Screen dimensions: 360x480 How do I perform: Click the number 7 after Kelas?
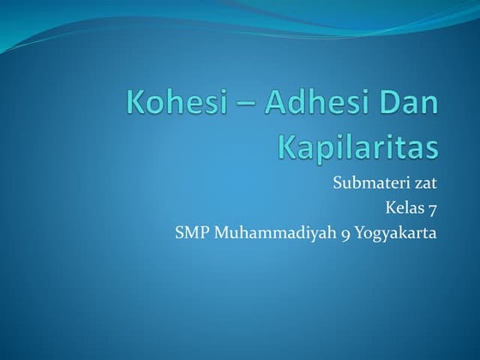pos(433,207)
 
